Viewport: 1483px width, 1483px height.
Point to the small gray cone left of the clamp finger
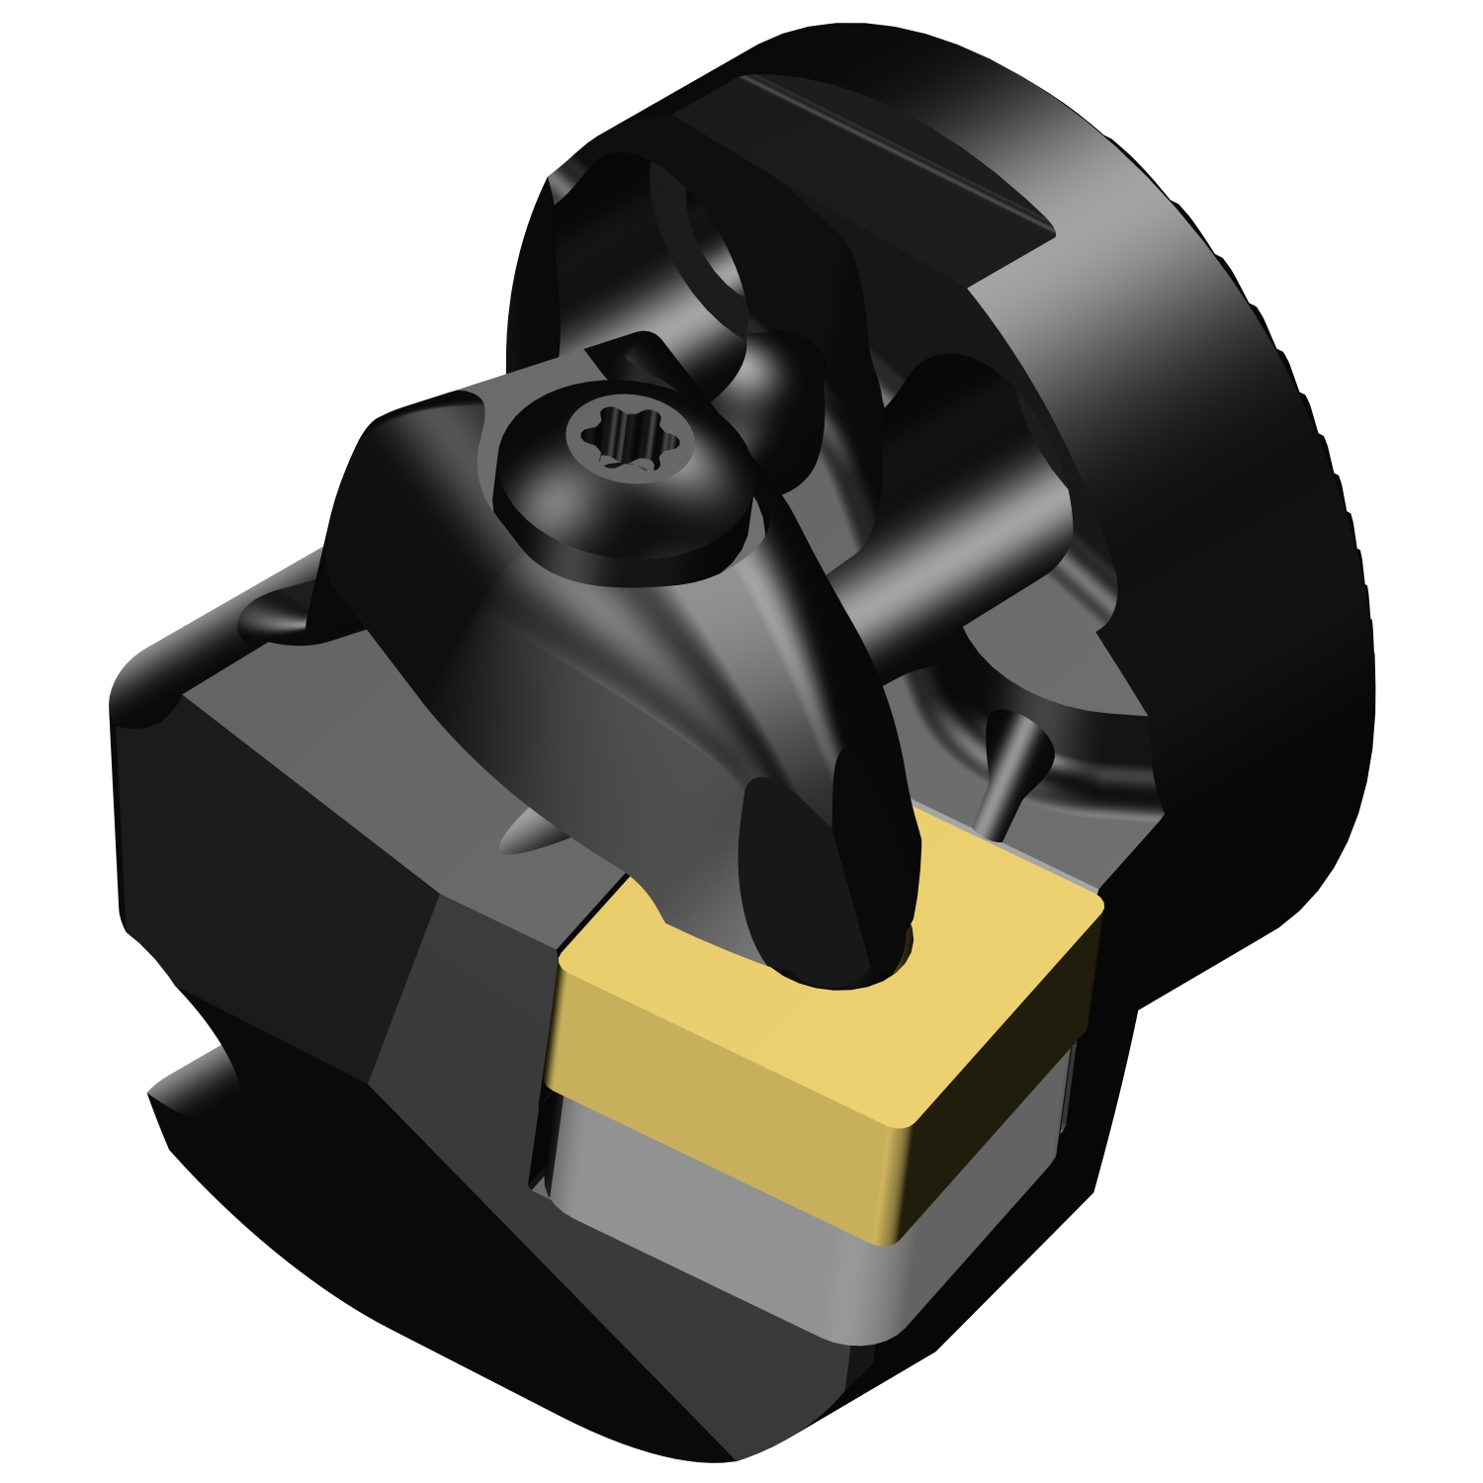pyautogui.click(x=524, y=835)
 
